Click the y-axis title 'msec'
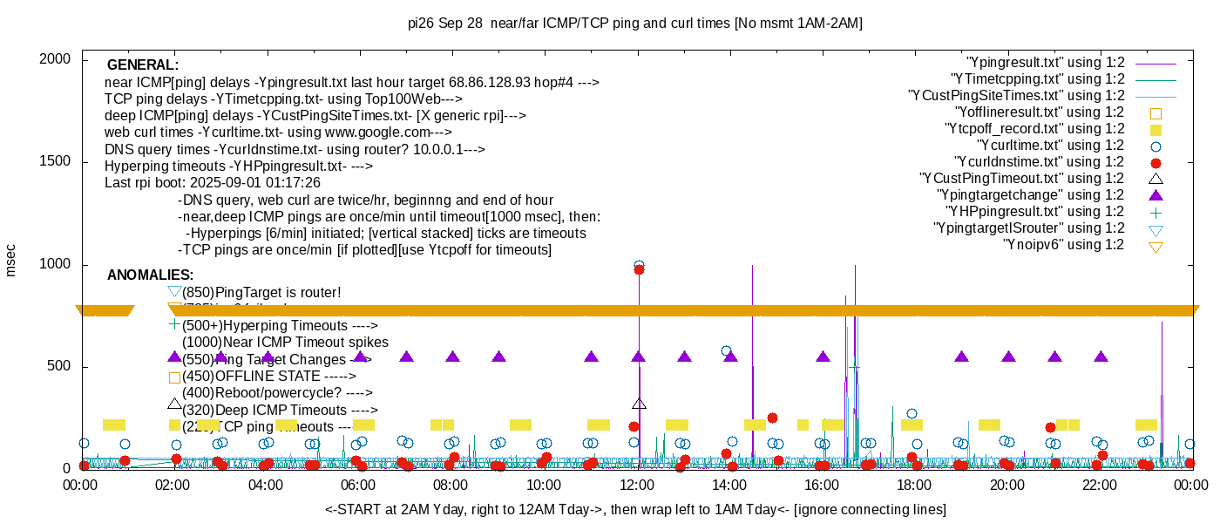11,260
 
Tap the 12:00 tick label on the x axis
637,486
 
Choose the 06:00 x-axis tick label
358,486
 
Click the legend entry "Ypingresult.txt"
1046,63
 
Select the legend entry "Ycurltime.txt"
1050,146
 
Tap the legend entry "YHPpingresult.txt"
1034,212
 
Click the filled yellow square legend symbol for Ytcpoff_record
1156,129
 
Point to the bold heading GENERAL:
142,65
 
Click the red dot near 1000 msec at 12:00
639,270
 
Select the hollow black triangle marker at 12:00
639,404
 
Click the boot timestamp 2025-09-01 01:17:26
261,183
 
